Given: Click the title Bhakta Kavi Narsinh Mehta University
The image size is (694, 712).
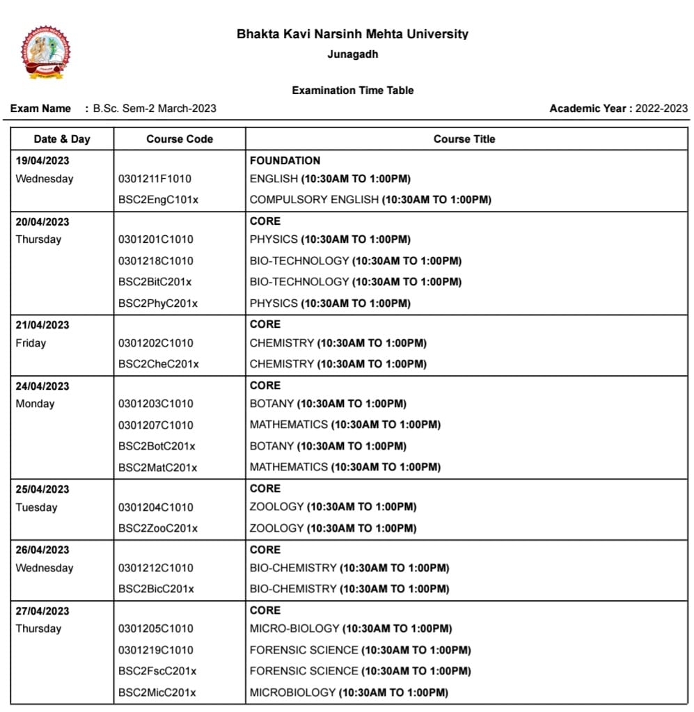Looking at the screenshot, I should pyautogui.click(x=352, y=34).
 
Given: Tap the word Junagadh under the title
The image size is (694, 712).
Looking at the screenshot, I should pyautogui.click(x=352, y=54).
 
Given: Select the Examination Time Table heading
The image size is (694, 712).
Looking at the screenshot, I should pyautogui.click(x=352, y=90).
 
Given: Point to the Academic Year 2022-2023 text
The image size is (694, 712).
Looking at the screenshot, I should pyautogui.click(x=618, y=109).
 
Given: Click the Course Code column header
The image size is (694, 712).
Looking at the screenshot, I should pyautogui.click(x=180, y=139).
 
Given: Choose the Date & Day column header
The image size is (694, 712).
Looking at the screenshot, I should pyautogui.click(x=62, y=139).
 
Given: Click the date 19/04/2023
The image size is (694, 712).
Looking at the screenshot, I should pyautogui.click(x=42, y=161).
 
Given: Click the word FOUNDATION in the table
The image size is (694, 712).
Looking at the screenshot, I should pyautogui.click(x=285, y=161).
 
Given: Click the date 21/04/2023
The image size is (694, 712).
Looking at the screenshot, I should pyautogui.click(x=42, y=325).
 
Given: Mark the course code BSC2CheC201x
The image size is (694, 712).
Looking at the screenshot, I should pyautogui.click(x=158, y=364).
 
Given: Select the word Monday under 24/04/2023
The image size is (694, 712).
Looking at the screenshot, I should pyautogui.click(x=35, y=404).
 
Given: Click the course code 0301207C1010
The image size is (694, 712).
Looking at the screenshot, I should pyautogui.click(x=156, y=425).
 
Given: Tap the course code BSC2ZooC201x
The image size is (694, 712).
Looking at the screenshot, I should pyautogui.click(x=157, y=528).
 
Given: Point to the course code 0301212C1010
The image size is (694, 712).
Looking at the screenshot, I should pyautogui.click(x=156, y=568).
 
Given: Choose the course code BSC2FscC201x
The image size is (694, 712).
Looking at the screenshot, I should pyautogui.click(x=157, y=671).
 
